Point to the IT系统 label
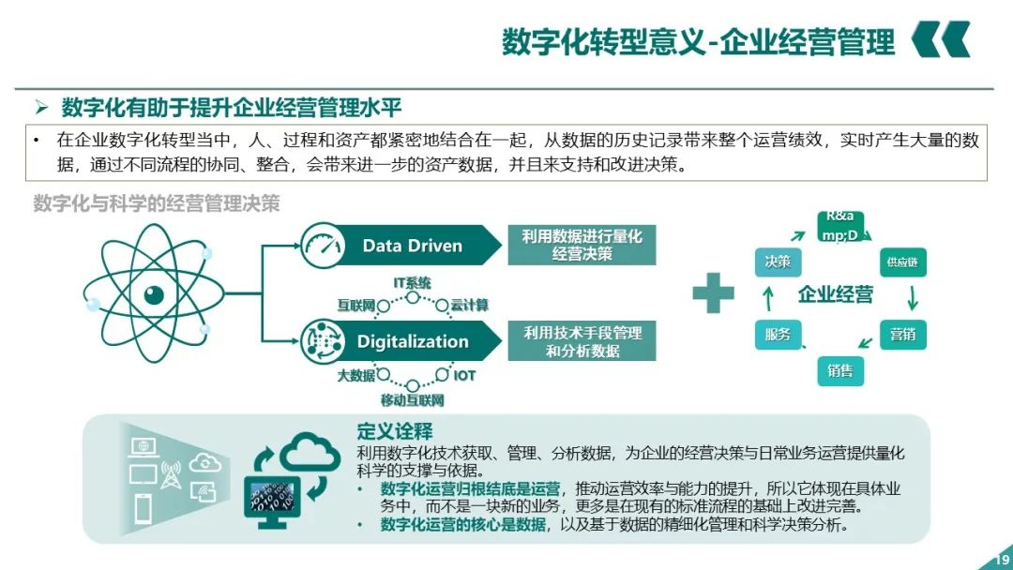pos(413,282)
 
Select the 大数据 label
pos(355,376)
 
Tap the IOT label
pos(464,376)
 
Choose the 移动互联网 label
pos(413,400)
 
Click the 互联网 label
pos(356,306)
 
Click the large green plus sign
pos(713,293)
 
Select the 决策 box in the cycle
pos(778,262)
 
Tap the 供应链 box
pos(901,262)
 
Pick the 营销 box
pos(901,334)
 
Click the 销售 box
pos(839,370)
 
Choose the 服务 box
pos(778,334)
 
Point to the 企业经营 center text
pos(835,294)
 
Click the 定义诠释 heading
pos(395,431)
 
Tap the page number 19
pos(1000,562)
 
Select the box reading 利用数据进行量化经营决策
pos(582,246)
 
